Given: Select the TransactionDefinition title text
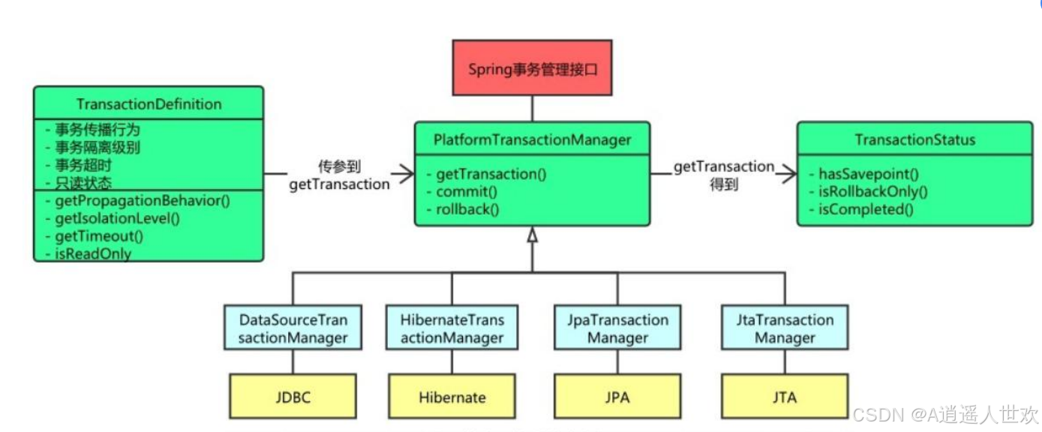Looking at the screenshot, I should [149, 103].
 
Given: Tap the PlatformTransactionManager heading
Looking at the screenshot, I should [532, 139].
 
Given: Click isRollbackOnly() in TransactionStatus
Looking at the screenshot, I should [872, 192].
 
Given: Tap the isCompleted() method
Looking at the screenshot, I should [866, 209].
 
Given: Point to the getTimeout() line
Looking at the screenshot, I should [98, 236].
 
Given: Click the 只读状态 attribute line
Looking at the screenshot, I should [83, 183].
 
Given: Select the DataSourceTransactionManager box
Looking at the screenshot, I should [293, 328].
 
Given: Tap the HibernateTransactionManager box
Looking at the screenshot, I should [452, 328].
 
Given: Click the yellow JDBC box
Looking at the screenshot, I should [293, 397].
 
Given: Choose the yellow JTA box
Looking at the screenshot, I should [785, 397].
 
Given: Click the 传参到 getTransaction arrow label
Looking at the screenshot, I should [339, 175].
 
